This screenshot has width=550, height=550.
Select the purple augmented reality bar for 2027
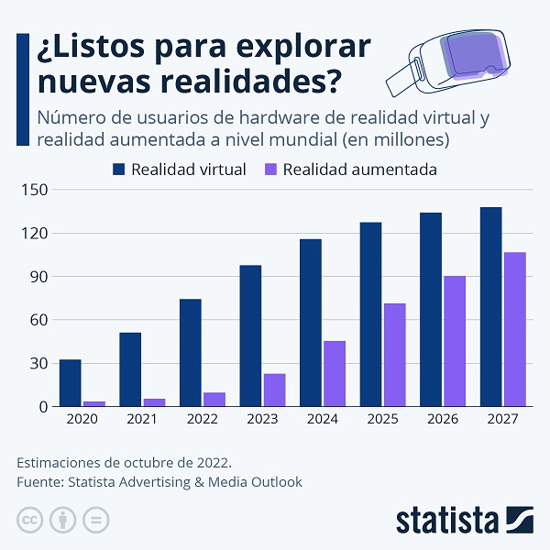[x=514, y=329]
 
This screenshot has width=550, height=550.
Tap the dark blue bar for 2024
[x=310, y=323]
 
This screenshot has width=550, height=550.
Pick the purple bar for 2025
[x=394, y=355]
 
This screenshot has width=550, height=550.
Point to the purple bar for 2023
[x=274, y=390]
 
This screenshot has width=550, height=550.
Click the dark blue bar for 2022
[x=190, y=352]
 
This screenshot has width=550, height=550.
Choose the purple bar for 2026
[x=455, y=341]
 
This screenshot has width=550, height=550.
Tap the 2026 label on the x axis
[x=443, y=419]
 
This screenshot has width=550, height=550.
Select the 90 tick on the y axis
[x=38, y=277]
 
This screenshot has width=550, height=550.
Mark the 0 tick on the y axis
[x=42, y=406]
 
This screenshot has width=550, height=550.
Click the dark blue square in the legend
[x=118, y=170]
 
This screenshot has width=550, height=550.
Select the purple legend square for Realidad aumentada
[x=270, y=170]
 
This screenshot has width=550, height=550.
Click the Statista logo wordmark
[x=448, y=520]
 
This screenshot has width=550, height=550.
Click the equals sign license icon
[x=95, y=520]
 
